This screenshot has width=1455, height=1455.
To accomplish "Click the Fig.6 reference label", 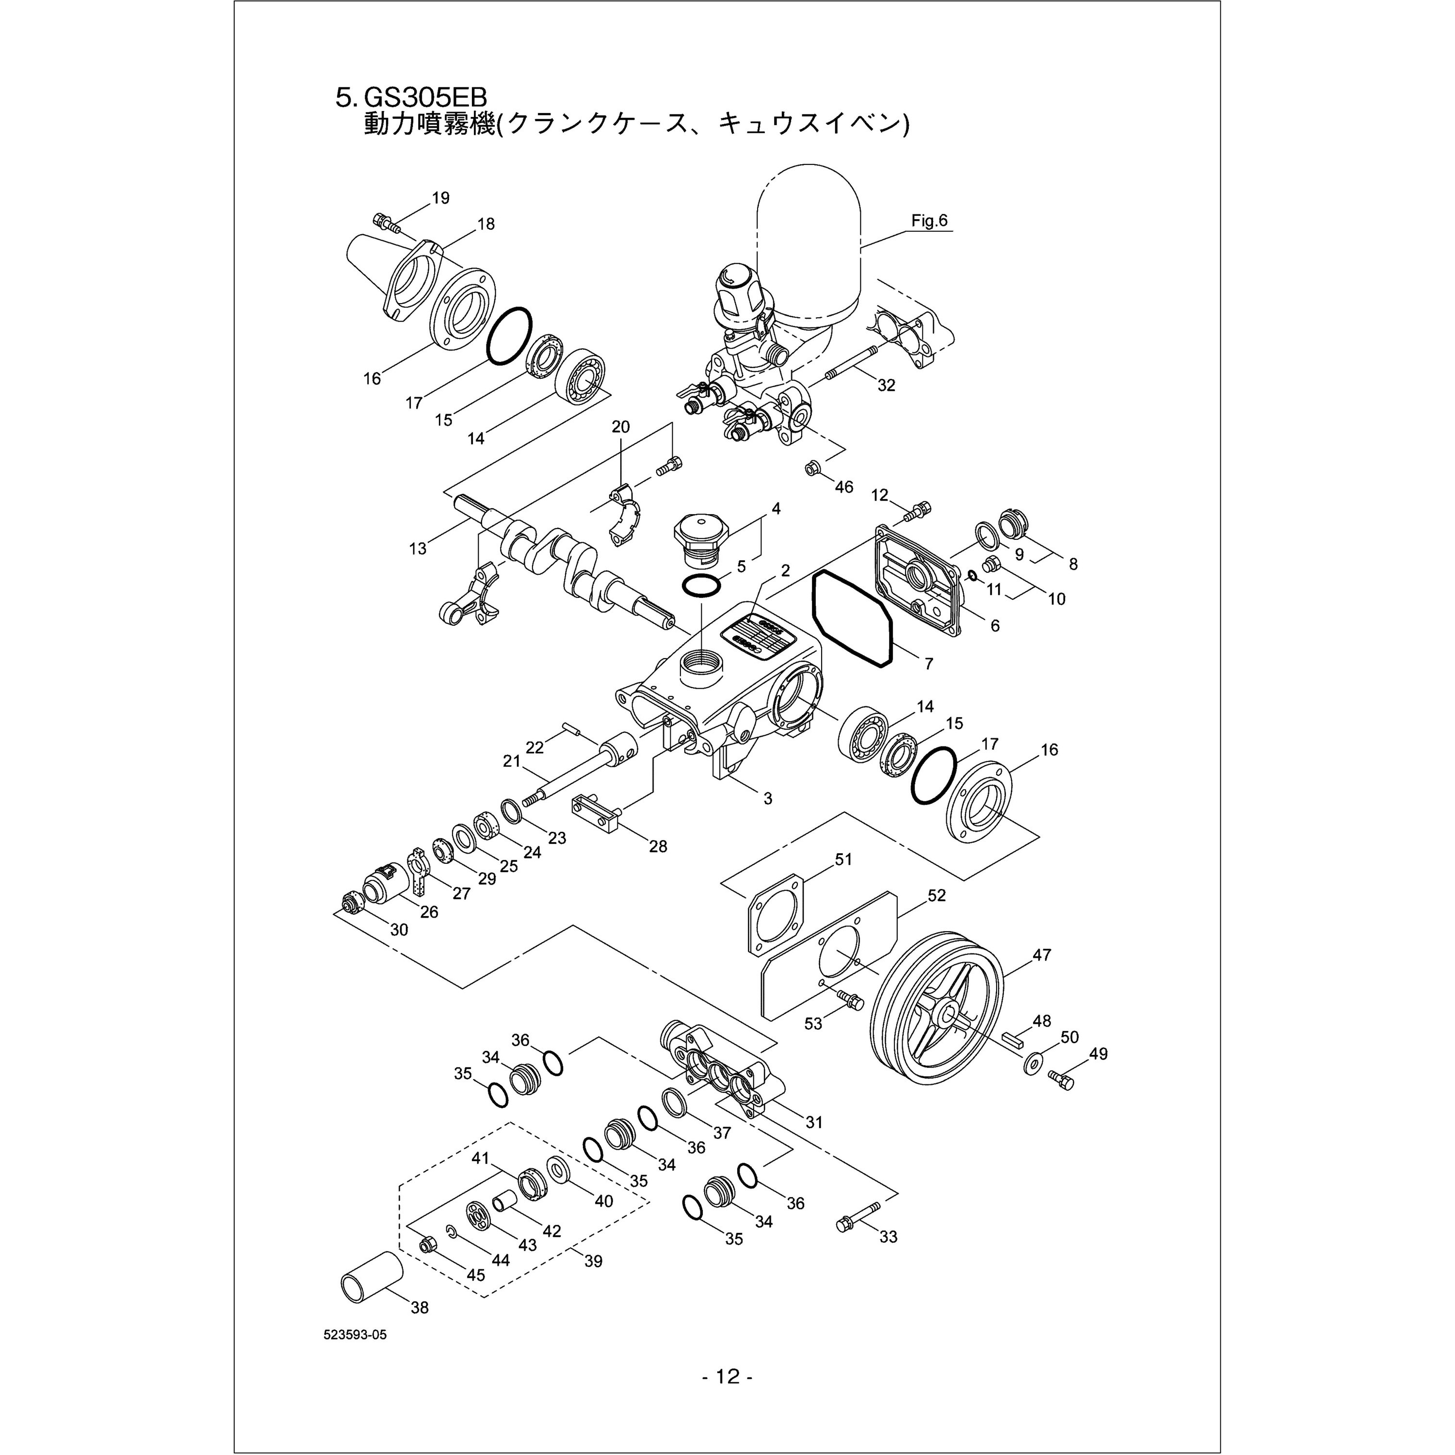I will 929,221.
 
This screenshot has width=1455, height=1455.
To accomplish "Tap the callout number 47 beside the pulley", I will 1042,955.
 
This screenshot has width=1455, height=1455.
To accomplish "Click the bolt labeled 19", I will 386,222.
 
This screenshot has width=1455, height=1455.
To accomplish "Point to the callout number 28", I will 658,846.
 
